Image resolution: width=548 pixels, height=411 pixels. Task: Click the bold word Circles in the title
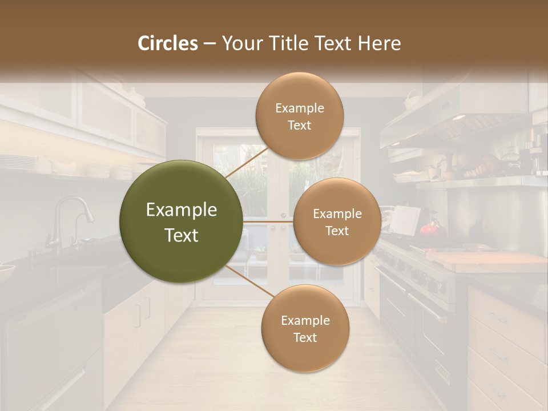[x=168, y=43]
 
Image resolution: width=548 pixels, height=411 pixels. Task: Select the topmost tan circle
[x=299, y=116]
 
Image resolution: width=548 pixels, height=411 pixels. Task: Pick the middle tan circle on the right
[x=337, y=221]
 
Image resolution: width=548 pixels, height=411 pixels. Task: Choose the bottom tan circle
[x=305, y=328]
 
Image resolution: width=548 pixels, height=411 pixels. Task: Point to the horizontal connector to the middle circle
[x=268, y=221]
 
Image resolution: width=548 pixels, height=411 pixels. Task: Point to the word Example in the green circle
[x=181, y=210]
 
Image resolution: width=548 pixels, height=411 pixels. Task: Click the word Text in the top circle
[x=299, y=125]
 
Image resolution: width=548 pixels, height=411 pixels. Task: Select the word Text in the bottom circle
[x=305, y=337]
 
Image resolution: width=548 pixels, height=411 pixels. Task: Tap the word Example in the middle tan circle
[x=337, y=213]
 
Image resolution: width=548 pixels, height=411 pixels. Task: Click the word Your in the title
[x=240, y=43]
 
